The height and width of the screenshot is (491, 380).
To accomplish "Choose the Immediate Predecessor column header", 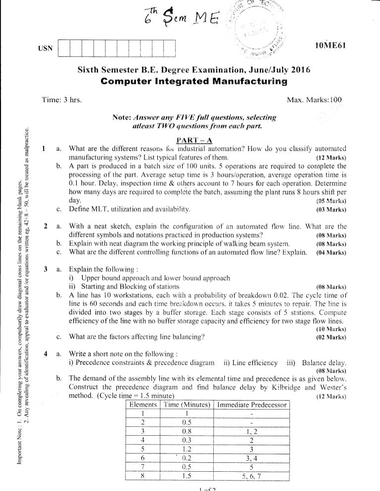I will [252, 405].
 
